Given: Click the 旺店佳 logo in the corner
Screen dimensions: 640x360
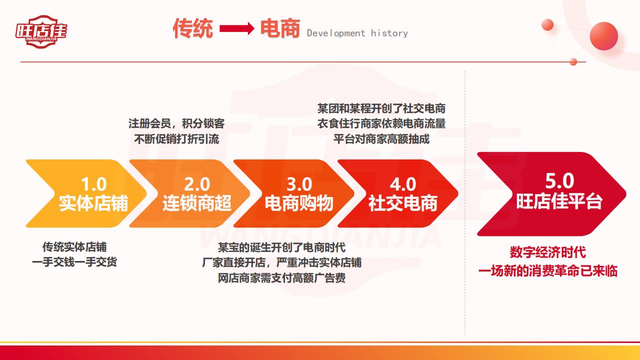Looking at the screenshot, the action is click(x=41, y=31).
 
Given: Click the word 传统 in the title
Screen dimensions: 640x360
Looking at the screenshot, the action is click(x=193, y=28).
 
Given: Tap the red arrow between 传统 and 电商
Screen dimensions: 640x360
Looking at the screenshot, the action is click(x=237, y=28).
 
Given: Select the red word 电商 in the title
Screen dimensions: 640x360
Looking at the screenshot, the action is click(x=280, y=28).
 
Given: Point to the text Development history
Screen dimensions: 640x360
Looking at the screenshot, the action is click(x=357, y=33).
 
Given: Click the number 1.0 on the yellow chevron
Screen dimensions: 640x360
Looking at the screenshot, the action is click(x=93, y=184).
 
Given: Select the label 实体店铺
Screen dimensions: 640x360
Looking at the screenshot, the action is click(x=93, y=203).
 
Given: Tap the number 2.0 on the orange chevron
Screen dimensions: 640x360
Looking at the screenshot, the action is click(x=197, y=184).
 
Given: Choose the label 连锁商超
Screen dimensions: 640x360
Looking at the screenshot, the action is click(x=197, y=203).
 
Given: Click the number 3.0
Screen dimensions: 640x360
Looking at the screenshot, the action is click(x=299, y=184).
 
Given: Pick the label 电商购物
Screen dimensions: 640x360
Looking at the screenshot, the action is click(x=299, y=203).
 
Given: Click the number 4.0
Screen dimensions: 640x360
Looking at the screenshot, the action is click(x=403, y=184).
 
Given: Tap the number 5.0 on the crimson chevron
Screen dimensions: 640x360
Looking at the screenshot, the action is click(x=559, y=181).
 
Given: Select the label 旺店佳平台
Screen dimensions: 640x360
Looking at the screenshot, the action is click(x=559, y=201).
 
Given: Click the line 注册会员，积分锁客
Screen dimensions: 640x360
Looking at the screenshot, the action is click(x=176, y=123).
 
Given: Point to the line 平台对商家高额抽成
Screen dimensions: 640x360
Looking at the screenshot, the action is click(x=381, y=139).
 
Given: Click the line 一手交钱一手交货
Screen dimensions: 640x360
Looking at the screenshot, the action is click(x=74, y=262).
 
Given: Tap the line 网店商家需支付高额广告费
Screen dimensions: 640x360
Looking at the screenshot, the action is click(x=281, y=277).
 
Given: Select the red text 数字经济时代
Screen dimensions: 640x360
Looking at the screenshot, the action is click(x=547, y=252).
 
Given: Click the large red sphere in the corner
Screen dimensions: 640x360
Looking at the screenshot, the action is click(x=603, y=36).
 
